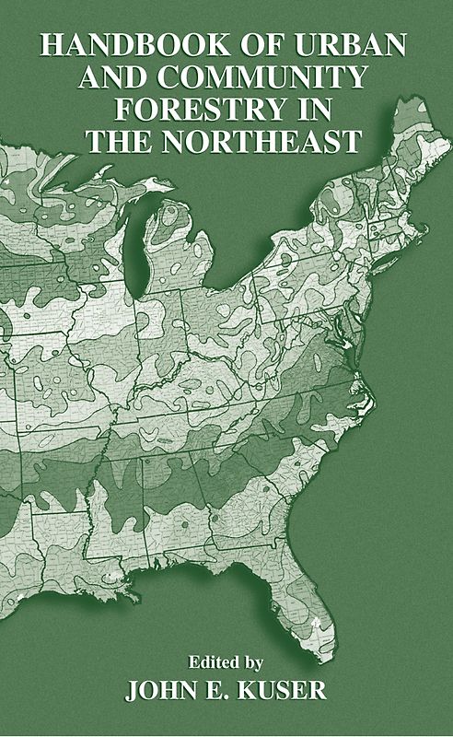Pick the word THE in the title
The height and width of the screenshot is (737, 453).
click(118, 143)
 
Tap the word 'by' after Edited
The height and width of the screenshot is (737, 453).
click(254, 661)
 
